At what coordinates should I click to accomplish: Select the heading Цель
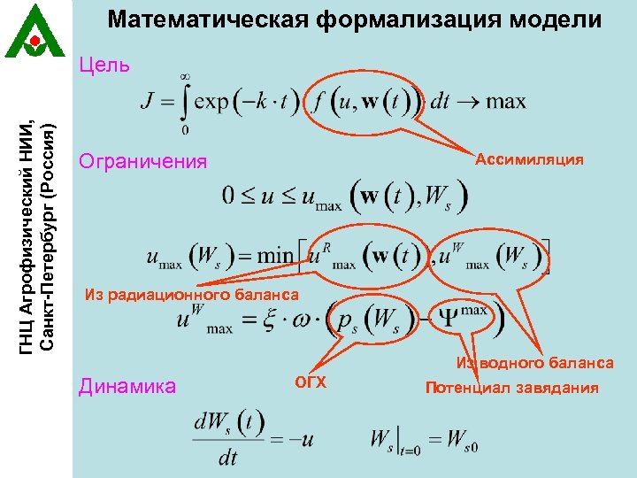pyautogui.click(x=104, y=65)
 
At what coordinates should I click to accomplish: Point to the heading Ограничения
pyautogui.click(x=142, y=161)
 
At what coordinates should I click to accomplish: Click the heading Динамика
pyautogui.click(x=127, y=385)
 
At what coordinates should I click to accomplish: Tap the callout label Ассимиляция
pyautogui.click(x=529, y=159)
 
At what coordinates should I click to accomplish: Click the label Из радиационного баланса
pyautogui.click(x=191, y=294)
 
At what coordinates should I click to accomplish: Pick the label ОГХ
pyautogui.click(x=311, y=382)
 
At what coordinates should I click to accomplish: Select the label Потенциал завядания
pyautogui.click(x=511, y=388)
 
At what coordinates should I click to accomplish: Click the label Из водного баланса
pyautogui.click(x=534, y=363)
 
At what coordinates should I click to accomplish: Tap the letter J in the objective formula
pyautogui.click(x=148, y=101)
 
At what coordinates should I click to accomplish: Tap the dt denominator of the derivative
pyautogui.click(x=228, y=458)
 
